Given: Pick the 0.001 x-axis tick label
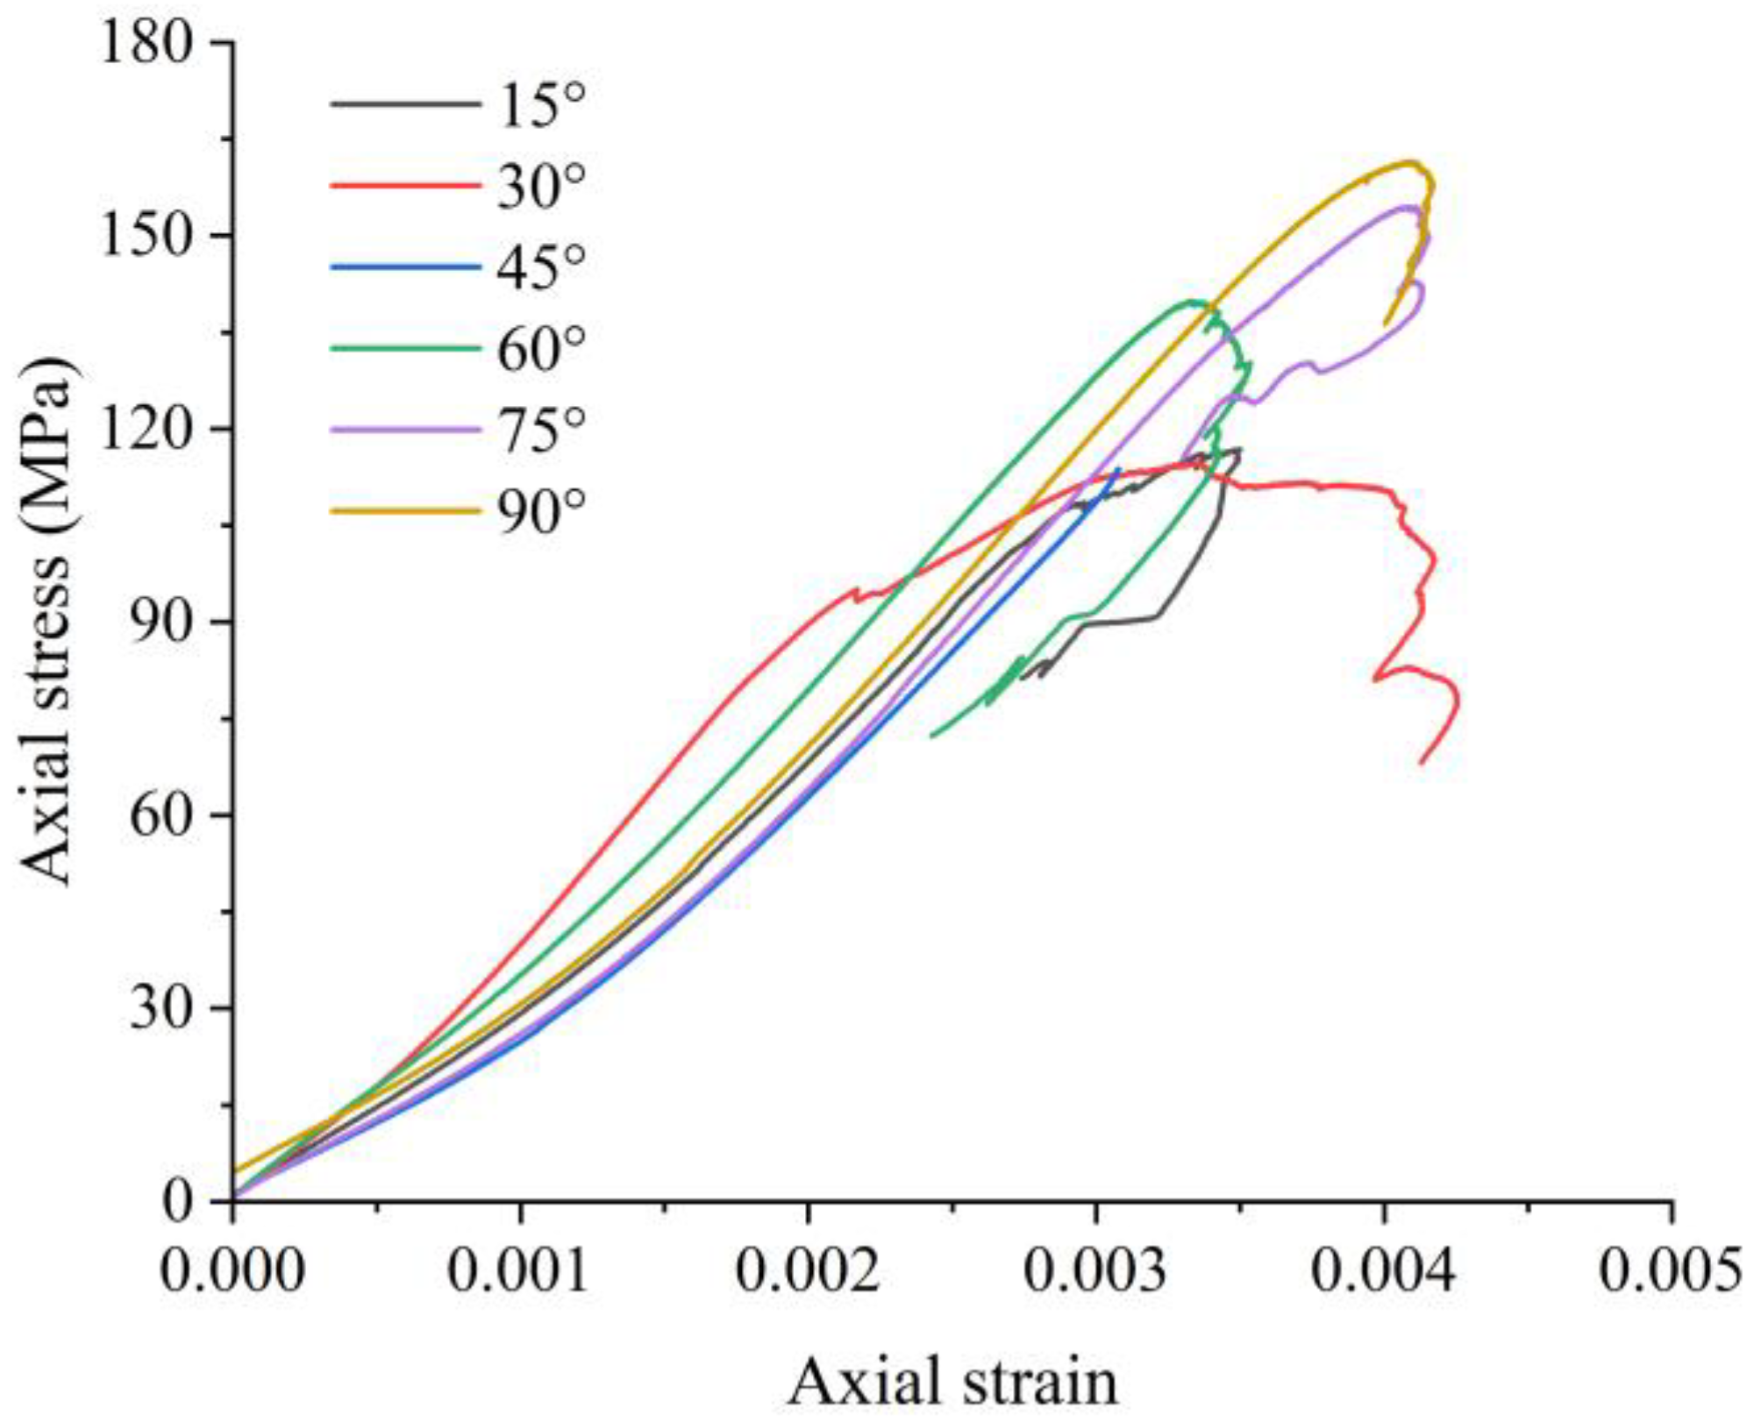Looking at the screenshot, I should click(x=519, y=1271).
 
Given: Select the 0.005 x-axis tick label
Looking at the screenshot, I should click(x=1671, y=1271).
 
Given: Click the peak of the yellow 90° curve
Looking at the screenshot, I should click(x=1410, y=162).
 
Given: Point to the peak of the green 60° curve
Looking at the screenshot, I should click(x=1194, y=302).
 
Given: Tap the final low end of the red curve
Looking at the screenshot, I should click(x=1421, y=763).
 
